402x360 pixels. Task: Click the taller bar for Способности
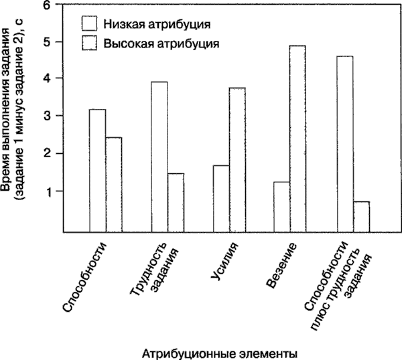97,170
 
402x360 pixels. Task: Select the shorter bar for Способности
114,184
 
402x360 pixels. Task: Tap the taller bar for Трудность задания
159,157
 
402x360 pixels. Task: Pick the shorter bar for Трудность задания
176,202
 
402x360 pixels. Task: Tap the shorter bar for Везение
282,206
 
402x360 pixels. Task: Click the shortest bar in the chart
360,216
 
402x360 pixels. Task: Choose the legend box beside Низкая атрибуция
90,23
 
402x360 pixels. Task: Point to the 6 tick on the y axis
47,5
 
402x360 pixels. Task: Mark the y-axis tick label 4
47,78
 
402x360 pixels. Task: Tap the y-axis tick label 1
47,192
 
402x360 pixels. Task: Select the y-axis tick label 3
47,116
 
